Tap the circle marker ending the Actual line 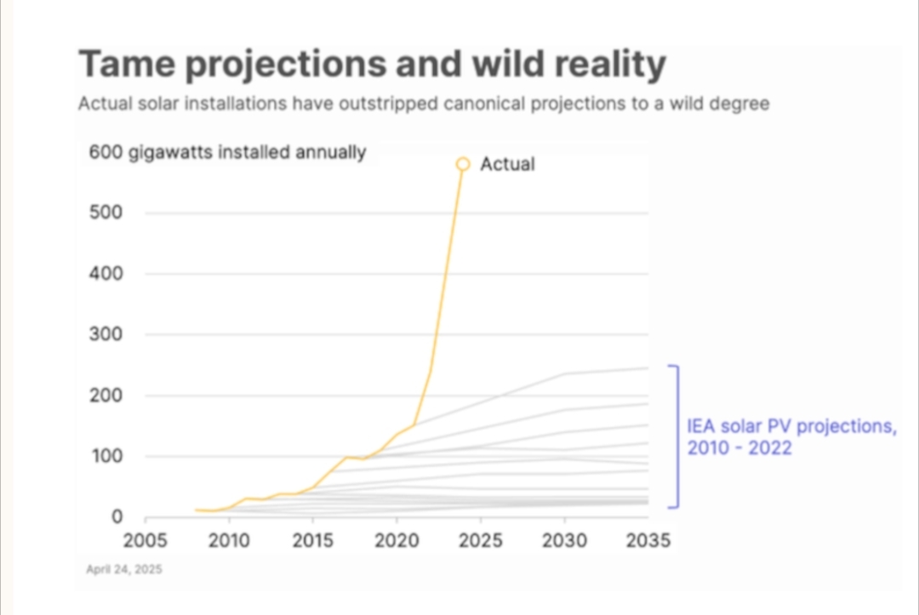tap(463, 163)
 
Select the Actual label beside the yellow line tap(507, 164)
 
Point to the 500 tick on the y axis tap(106, 213)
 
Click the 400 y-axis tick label tap(106, 274)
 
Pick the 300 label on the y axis tap(106, 334)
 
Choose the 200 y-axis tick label tap(106, 396)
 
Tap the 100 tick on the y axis tap(106, 457)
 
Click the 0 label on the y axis tap(117, 517)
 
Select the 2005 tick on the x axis tap(146, 541)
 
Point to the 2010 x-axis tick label tap(229, 541)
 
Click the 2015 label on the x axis tap(313, 541)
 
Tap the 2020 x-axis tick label tap(397, 541)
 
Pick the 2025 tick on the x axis tap(481, 541)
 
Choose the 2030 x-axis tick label tap(564, 541)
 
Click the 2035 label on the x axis tap(648, 541)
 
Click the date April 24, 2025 tap(124, 569)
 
